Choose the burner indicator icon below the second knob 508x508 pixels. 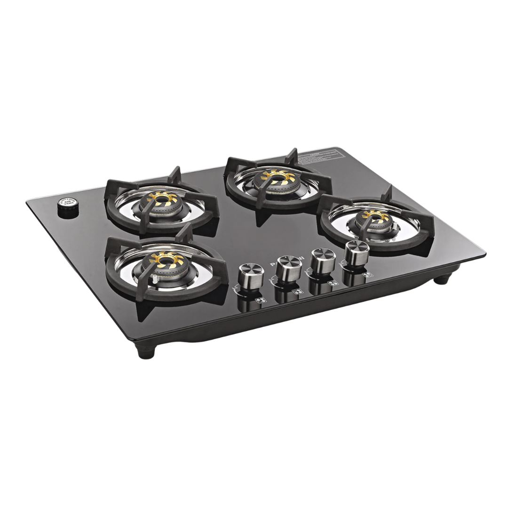[x=296, y=293]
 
